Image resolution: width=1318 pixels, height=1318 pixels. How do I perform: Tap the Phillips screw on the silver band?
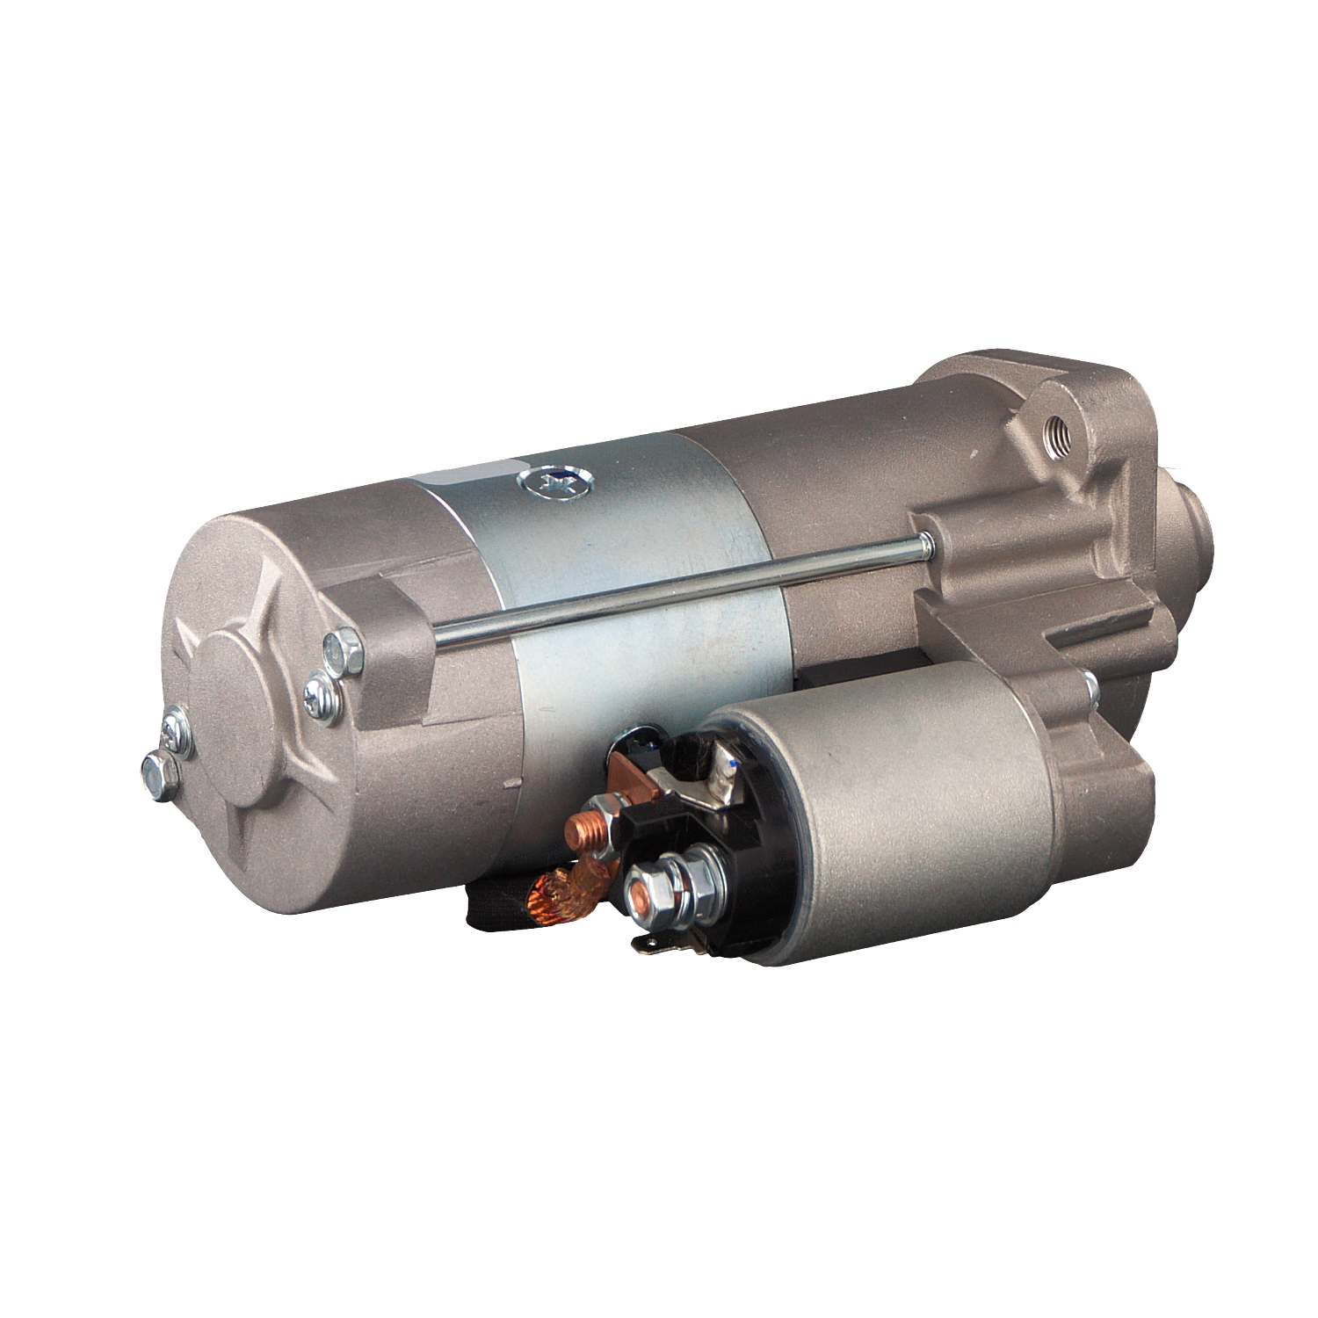[x=554, y=482]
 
